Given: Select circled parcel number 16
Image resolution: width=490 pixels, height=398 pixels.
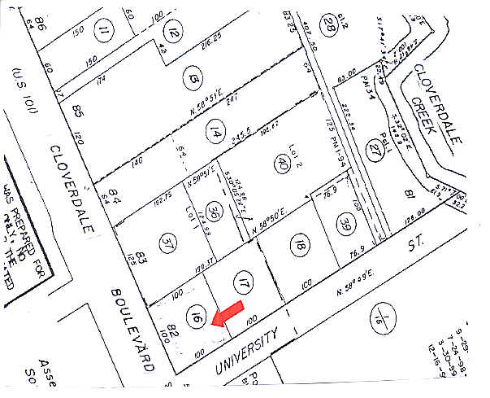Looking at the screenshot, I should tap(197, 317).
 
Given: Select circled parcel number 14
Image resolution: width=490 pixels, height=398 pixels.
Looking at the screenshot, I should tap(215, 131).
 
